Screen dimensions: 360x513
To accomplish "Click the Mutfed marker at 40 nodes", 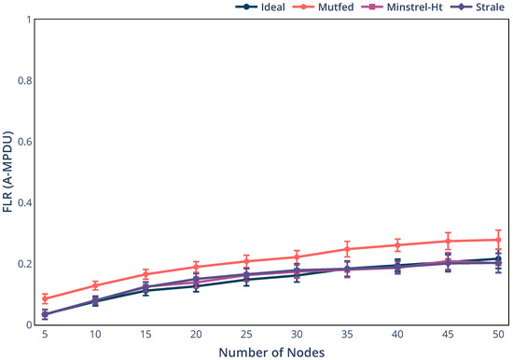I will pos(397,245).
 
